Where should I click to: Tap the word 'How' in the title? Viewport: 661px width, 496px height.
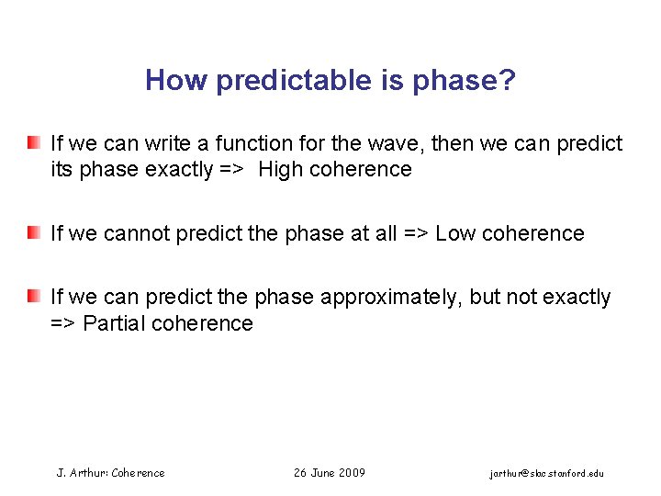point(174,82)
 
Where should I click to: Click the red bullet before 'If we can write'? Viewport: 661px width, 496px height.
point(33,143)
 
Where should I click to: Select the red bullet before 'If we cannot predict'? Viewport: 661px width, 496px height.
point(33,233)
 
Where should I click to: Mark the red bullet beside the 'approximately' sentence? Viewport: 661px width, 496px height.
point(33,297)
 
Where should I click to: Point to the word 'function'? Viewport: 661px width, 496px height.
point(252,144)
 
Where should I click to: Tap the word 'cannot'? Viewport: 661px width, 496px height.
point(134,234)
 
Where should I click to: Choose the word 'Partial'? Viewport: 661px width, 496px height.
point(114,323)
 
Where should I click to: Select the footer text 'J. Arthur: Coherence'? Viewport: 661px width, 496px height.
point(111,473)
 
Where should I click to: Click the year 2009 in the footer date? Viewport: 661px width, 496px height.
point(352,473)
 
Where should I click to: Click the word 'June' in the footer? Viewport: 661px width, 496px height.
point(322,473)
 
